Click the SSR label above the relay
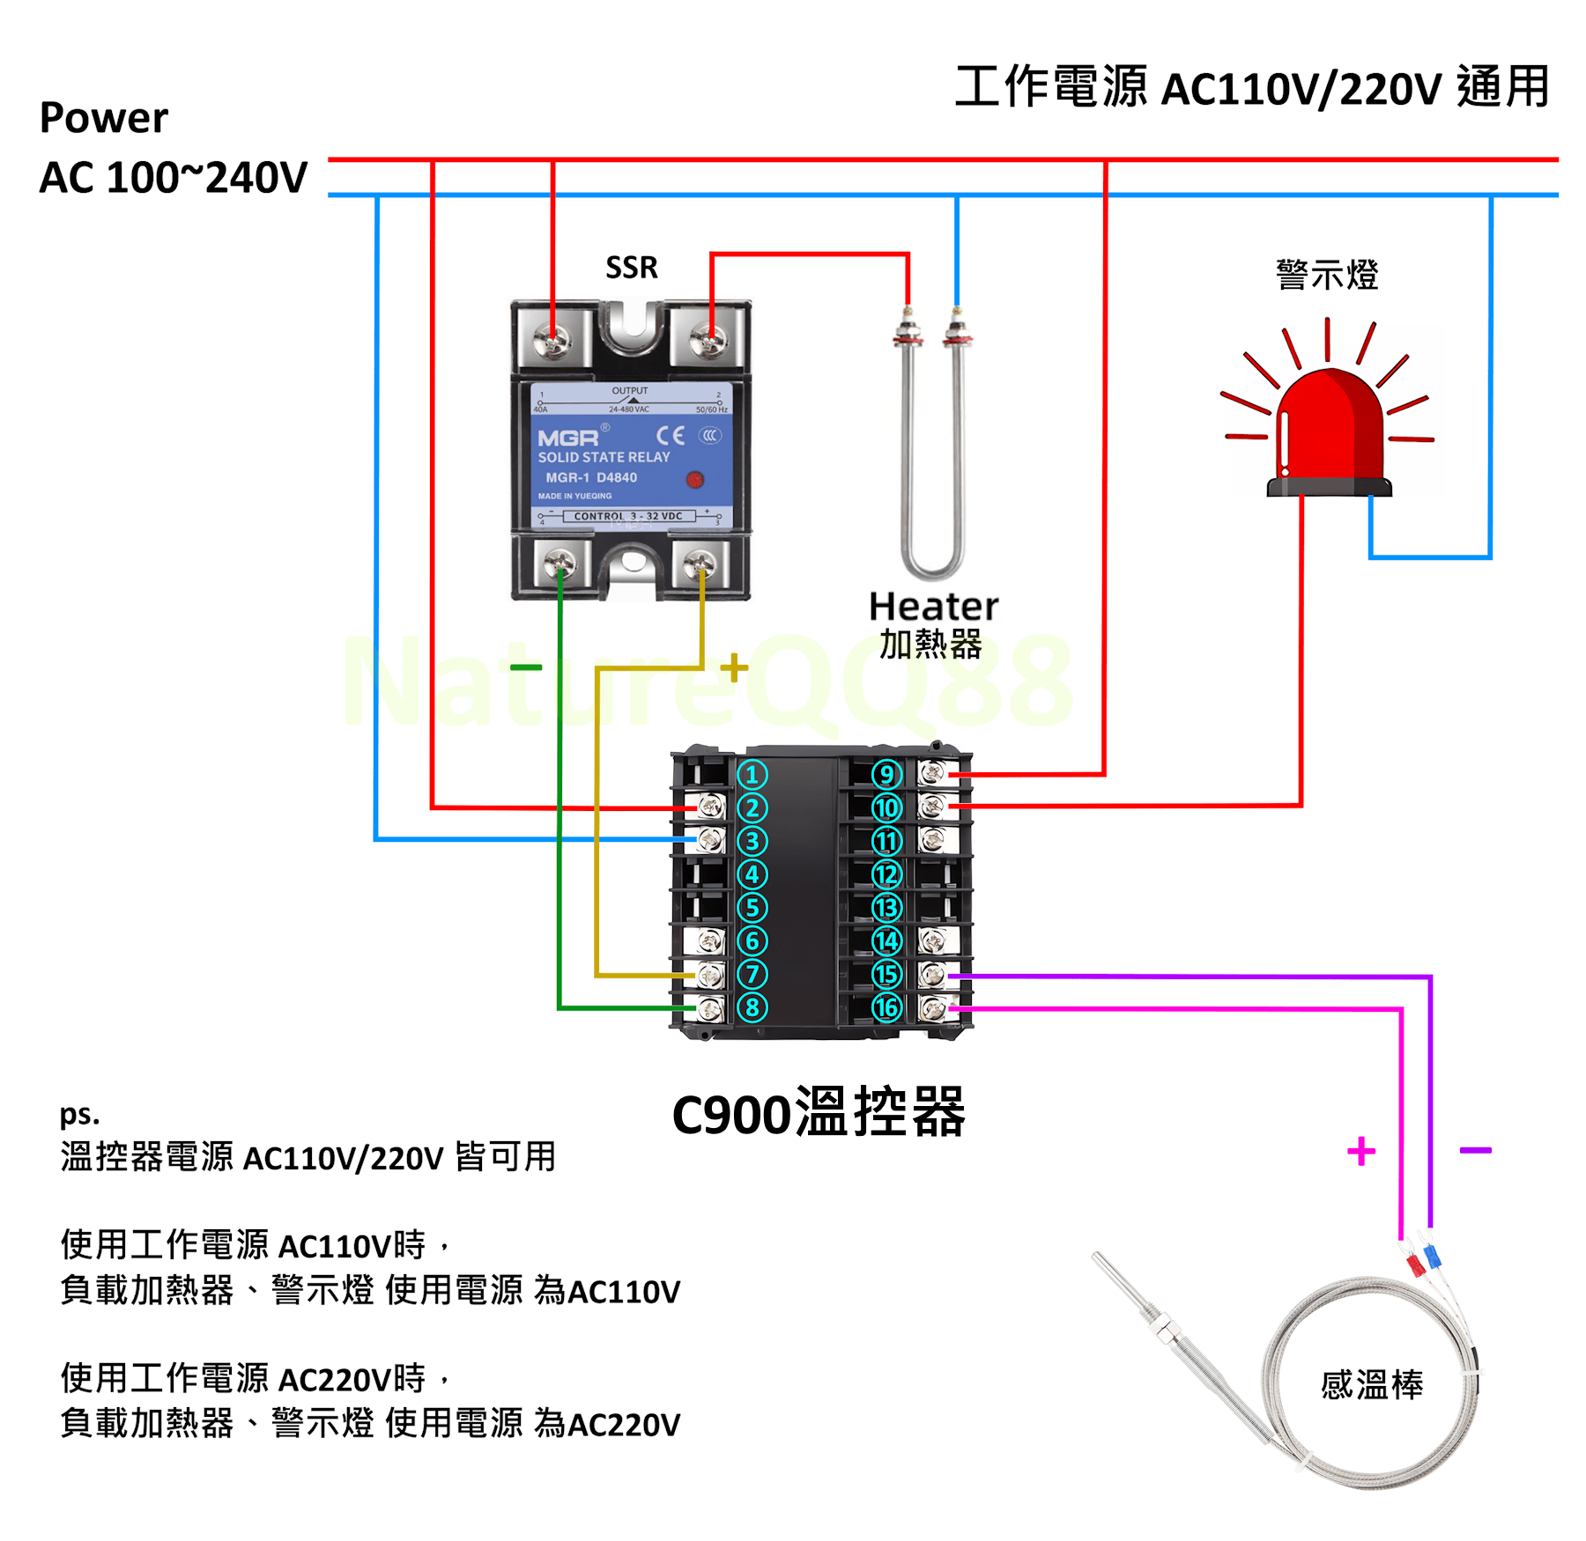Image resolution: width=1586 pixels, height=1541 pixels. click(631, 267)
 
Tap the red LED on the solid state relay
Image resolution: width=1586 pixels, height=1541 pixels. click(694, 479)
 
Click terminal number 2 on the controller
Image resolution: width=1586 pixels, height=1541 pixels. click(752, 807)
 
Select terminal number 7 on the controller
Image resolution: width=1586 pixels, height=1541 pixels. click(752, 974)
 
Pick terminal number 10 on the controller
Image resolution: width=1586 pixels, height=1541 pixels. click(886, 807)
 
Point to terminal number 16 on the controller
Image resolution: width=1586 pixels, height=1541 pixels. click(886, 1007)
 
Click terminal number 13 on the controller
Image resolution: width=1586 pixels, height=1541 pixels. click(886, 908)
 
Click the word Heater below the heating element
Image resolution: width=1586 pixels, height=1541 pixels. click(933, 607)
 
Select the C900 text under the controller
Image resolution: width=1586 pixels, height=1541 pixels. click(731, 1115)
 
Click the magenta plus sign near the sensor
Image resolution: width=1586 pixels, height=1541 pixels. click(1361, 1151)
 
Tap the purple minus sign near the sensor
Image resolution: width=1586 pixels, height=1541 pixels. click(1475, 1150)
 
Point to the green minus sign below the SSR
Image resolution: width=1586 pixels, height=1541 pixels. click(526, 667)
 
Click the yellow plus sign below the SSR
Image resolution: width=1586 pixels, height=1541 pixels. click(734, 667)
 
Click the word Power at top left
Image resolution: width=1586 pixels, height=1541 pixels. click(103, 118)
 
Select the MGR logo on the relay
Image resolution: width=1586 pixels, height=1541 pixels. click(568, 438)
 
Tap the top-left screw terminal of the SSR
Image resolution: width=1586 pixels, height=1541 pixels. click(552, 339)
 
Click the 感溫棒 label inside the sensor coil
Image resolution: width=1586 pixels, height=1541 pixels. click(1371, 1384)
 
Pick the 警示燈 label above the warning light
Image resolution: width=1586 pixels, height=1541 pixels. click(1327, 275)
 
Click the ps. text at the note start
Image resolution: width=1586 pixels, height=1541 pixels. click(79, 1115)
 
